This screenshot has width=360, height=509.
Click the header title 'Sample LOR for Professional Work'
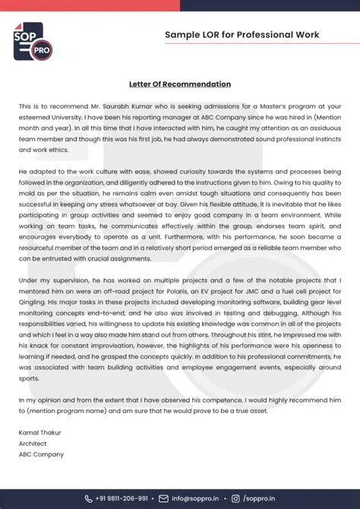(x=242, y=35)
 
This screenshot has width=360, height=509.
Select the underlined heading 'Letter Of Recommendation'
(x=179, y=84)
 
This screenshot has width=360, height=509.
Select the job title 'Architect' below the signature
(x=33, y=444)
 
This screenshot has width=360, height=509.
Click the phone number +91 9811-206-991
(x=122, y=498)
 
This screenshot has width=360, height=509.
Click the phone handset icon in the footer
(x=88, y=498)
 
